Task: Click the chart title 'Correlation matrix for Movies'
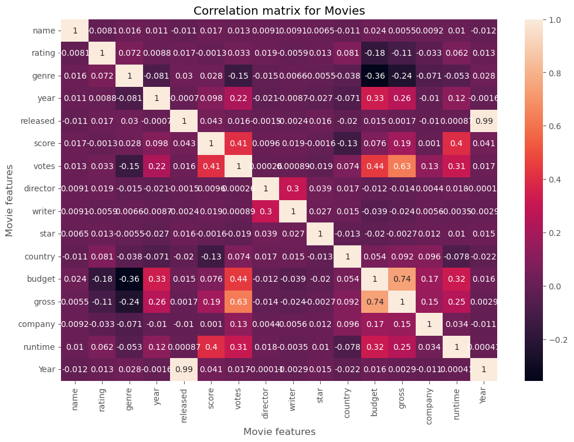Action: [278, 11]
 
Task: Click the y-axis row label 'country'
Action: [40, 257]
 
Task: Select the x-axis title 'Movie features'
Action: [278, 431]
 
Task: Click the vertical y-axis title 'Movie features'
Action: [9, 200]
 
